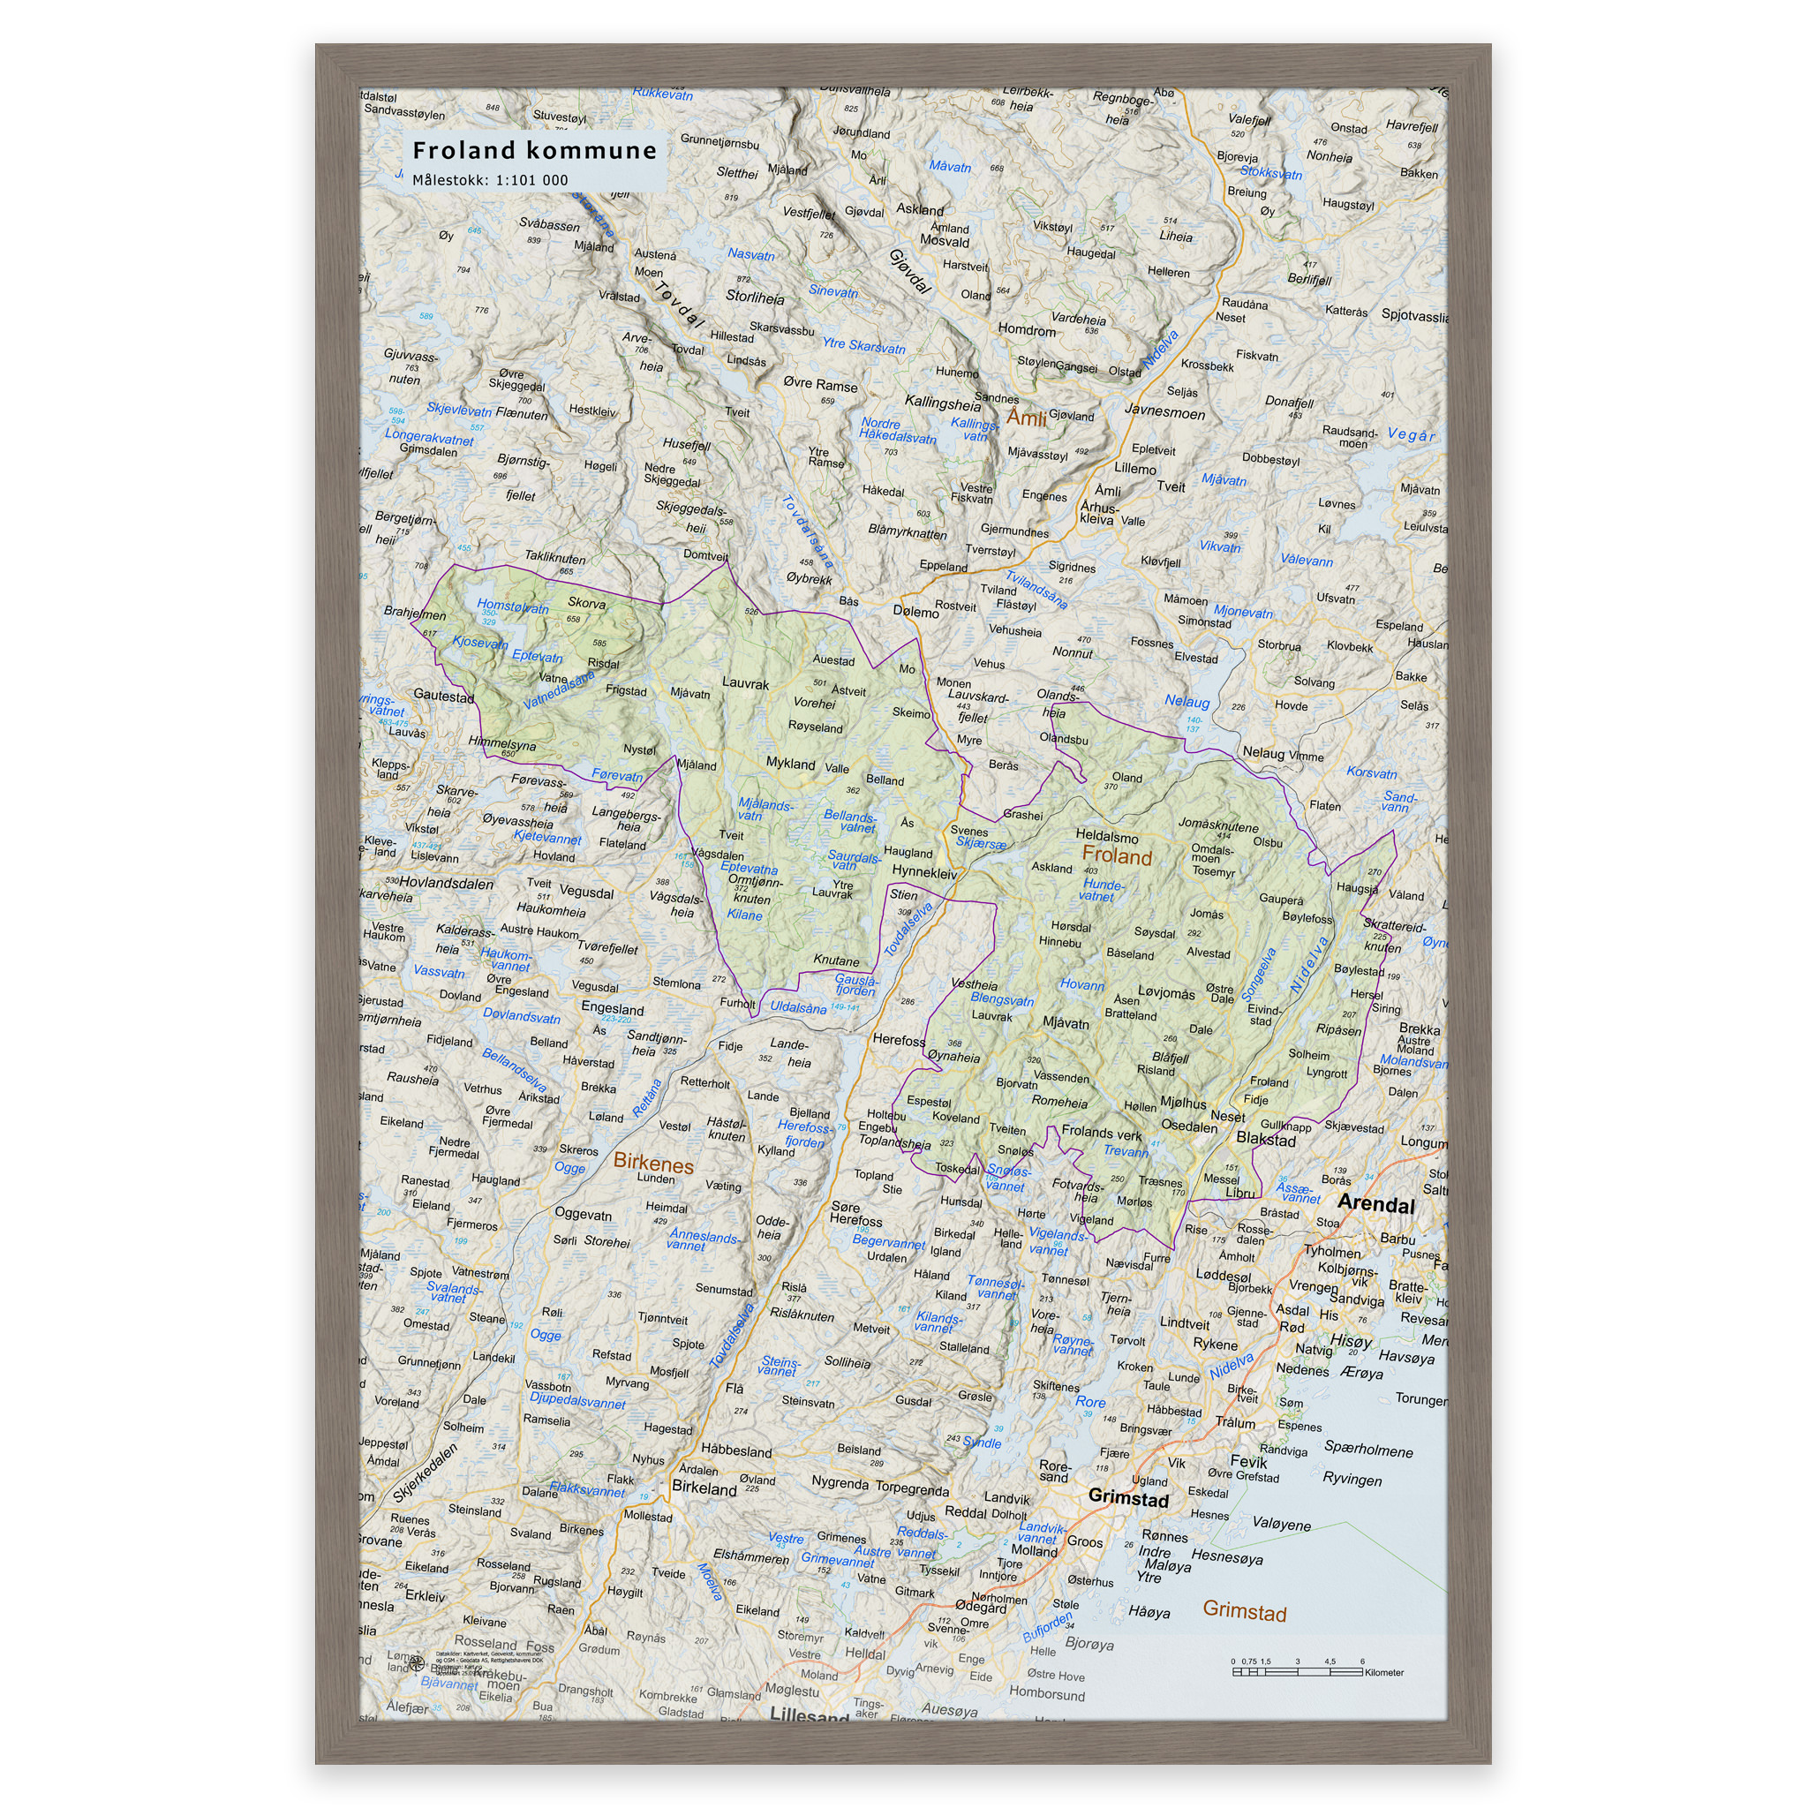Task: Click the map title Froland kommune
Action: coord(534,151)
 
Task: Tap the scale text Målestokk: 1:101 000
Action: coord(489,181)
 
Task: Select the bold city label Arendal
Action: coord(1375,1203)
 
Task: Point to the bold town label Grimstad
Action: coord(1127,1498)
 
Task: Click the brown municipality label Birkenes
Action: coord(653,1164)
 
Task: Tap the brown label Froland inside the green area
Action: coord(1117,855)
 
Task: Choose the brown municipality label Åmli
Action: coord(1026,418)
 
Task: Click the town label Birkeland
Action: coord(704,1488)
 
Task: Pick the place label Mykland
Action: coord(790,764)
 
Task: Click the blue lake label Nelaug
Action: coord(1186,701)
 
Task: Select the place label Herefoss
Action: coord(899,1040)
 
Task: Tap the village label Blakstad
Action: coord(1265,1140)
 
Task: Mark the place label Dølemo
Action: coord(915,612)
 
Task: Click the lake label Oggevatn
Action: coord(583,1215)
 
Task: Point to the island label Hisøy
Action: coord(1351,1341)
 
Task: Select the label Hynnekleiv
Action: coord(923,872)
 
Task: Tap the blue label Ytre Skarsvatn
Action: coord(863,346)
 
